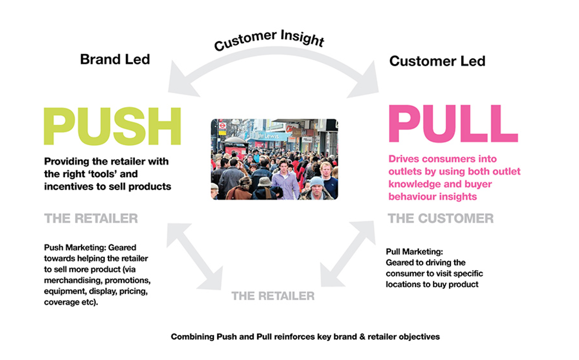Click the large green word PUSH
coord(112,126)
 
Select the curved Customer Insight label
coord(269,40)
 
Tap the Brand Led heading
coord(115,59)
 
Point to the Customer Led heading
coord(437,61)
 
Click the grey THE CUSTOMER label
coord(440,219)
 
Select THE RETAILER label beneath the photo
coord(273,296)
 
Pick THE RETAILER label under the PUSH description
coord(91,219)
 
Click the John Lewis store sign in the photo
coord(267,136)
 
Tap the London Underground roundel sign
coord(222,126)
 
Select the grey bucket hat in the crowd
coord(264,181)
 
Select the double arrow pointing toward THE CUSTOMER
coord(348,254)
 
